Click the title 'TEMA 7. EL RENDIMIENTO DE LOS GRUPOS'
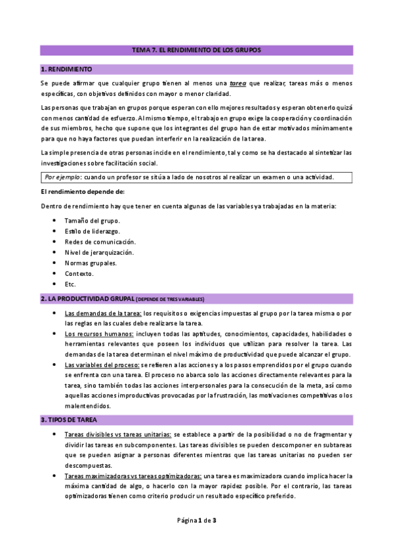pos(196,50)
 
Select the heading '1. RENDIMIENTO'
pos(66,69)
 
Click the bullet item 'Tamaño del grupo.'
pos(92,220)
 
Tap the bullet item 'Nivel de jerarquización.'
pos(100,252)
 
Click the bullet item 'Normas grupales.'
pos(91,263)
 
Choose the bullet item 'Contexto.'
pos(79,273)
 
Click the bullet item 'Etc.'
pos(70,284)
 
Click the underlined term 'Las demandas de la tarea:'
pos(103,313)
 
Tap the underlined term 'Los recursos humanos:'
pos(98,334)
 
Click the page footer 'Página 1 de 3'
pos(197,521)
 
